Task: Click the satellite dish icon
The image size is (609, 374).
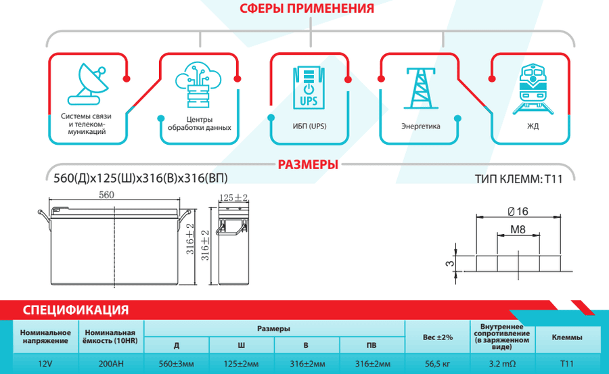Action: click(88, 84)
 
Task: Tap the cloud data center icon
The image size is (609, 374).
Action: click(198, 85)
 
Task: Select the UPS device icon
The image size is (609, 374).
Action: click(309, 88)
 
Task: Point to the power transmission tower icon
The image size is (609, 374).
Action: click(421, 88)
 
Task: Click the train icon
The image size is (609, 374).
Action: click(533, 89)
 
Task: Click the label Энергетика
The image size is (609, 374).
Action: click(421, 126)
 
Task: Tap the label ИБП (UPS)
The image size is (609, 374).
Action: click(309, 126)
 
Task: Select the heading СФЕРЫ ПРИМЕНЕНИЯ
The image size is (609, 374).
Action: click(307, 8)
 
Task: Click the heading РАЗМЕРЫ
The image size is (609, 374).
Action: click(308, 164)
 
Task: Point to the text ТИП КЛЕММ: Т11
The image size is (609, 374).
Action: click(518, 179)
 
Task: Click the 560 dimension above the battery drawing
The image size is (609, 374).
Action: click(106, 195)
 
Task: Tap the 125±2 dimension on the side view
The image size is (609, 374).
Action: click(233, 197)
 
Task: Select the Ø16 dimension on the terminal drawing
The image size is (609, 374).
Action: click(518, 211)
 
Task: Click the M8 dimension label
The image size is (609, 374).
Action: click(518, 229)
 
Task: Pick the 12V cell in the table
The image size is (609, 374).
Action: click(45, 364)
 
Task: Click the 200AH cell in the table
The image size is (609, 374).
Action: click(111, 364)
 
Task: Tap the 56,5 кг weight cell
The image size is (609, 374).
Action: click(437, 364)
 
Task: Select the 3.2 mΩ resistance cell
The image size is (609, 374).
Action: click(502, 364)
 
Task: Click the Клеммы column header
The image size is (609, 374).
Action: click(567, 337)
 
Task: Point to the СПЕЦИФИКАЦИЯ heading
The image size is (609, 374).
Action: click(75, 310)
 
